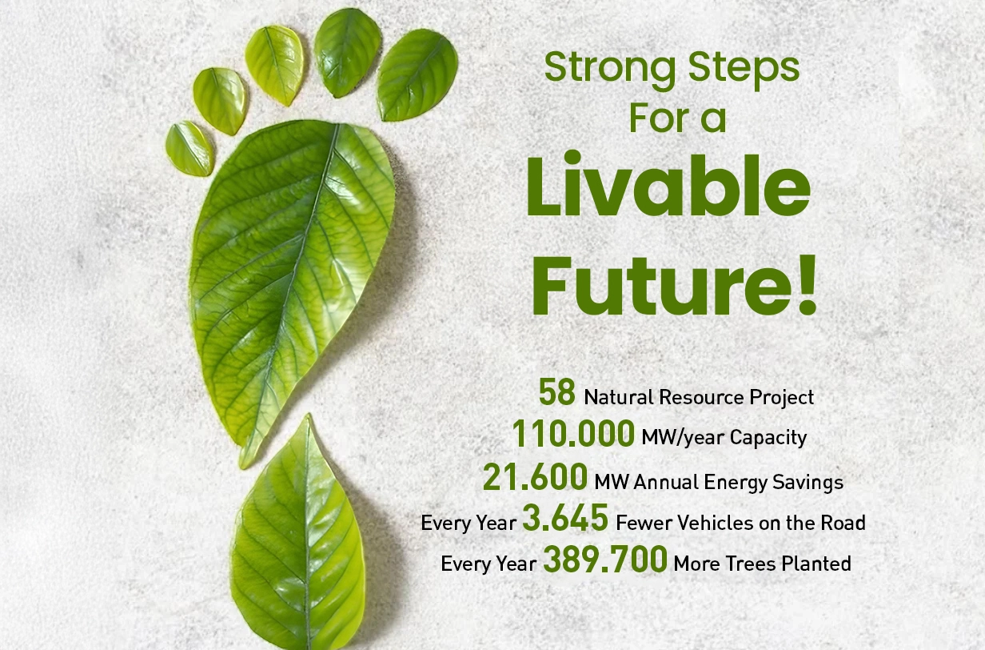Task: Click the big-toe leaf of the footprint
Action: pyautogui.click(x=417, y=75)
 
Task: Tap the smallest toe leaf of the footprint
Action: pyautogui.click(x=189, y=149)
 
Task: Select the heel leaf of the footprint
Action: pyautogui.click(x=299, y=533)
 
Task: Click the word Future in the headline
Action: pyautogui.click(x=664, y=285)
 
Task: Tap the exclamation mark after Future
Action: pyautogui.click(x=808, y=284)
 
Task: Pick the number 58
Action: pyautogui.click(x=556, y=391)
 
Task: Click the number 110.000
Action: pyautogui.click(x=573, y=433)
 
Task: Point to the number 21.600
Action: pyautogui.click(x=535, y=476)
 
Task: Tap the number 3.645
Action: pyautogui.click(x=565, y=518)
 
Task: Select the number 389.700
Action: pyautogui.click(x=605, y=559)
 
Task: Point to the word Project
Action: pyautogui.click(x=781, y=398)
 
